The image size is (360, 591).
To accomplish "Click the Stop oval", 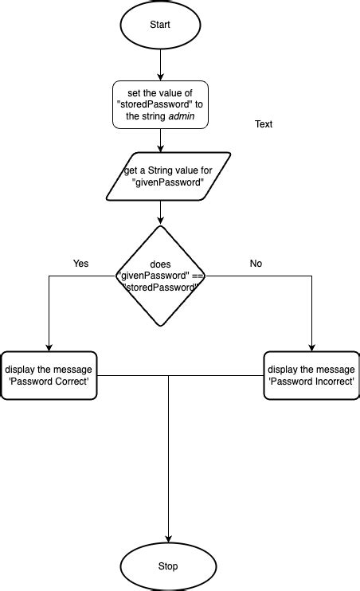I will click(x=168, y=566).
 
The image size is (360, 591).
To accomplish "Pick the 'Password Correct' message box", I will click(x=49, y=375).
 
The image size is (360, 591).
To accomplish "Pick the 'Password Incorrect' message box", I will click(x=311, y=375).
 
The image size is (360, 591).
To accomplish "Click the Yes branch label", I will click(x=80, y=264).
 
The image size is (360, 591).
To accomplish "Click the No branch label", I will click(x=256, y=264).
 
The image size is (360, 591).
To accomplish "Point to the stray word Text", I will click(x=264, y=125).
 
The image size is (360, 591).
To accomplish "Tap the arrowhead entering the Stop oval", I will click(x=168, y=539).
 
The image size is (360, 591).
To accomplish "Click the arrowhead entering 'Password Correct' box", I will click(x=49, y=346).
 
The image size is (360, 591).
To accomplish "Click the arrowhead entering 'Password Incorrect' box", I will click(x=311, y=346).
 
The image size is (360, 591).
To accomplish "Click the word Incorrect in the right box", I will click(x=329, y=382).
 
